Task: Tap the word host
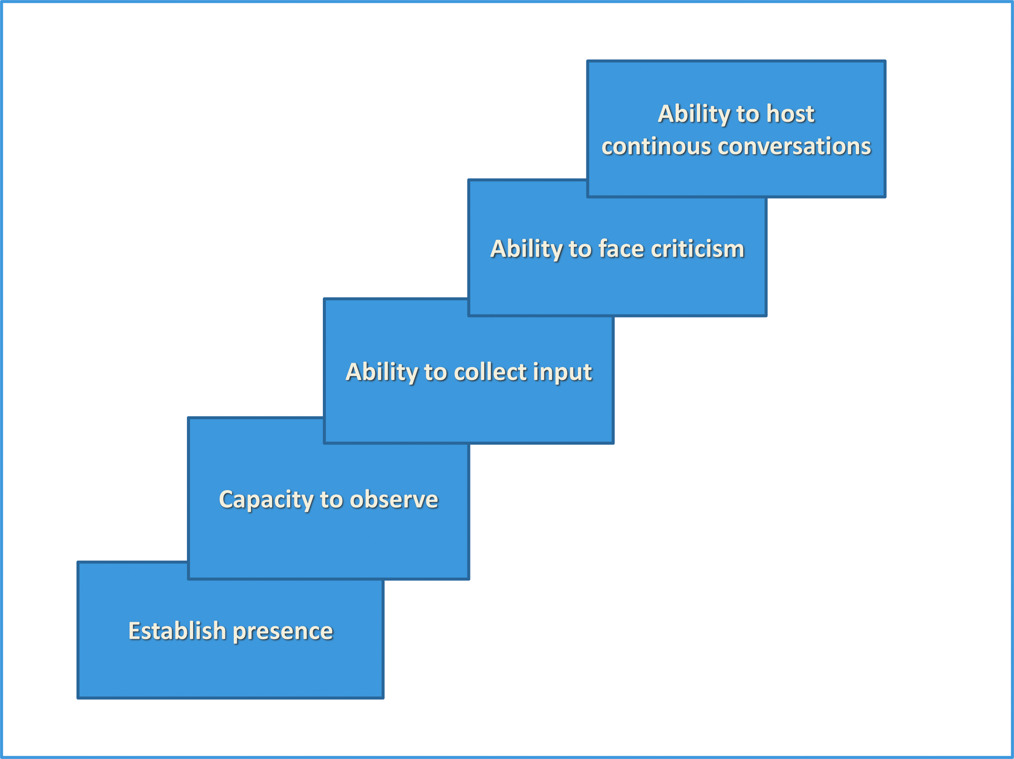pyautogui.click(x=790, y=113)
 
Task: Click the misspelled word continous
pyautogui.click(x=657, y=146)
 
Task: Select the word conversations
pyautogui.click(x=795, y=146)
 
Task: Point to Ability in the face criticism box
pyautogui.click(x=526, y=250)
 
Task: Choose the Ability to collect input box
pyautogui.click(x=469, y=390)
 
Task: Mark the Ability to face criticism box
pyautogui.click(x=617, y=266)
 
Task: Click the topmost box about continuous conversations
pyautogui.click(x=736, y=129)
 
